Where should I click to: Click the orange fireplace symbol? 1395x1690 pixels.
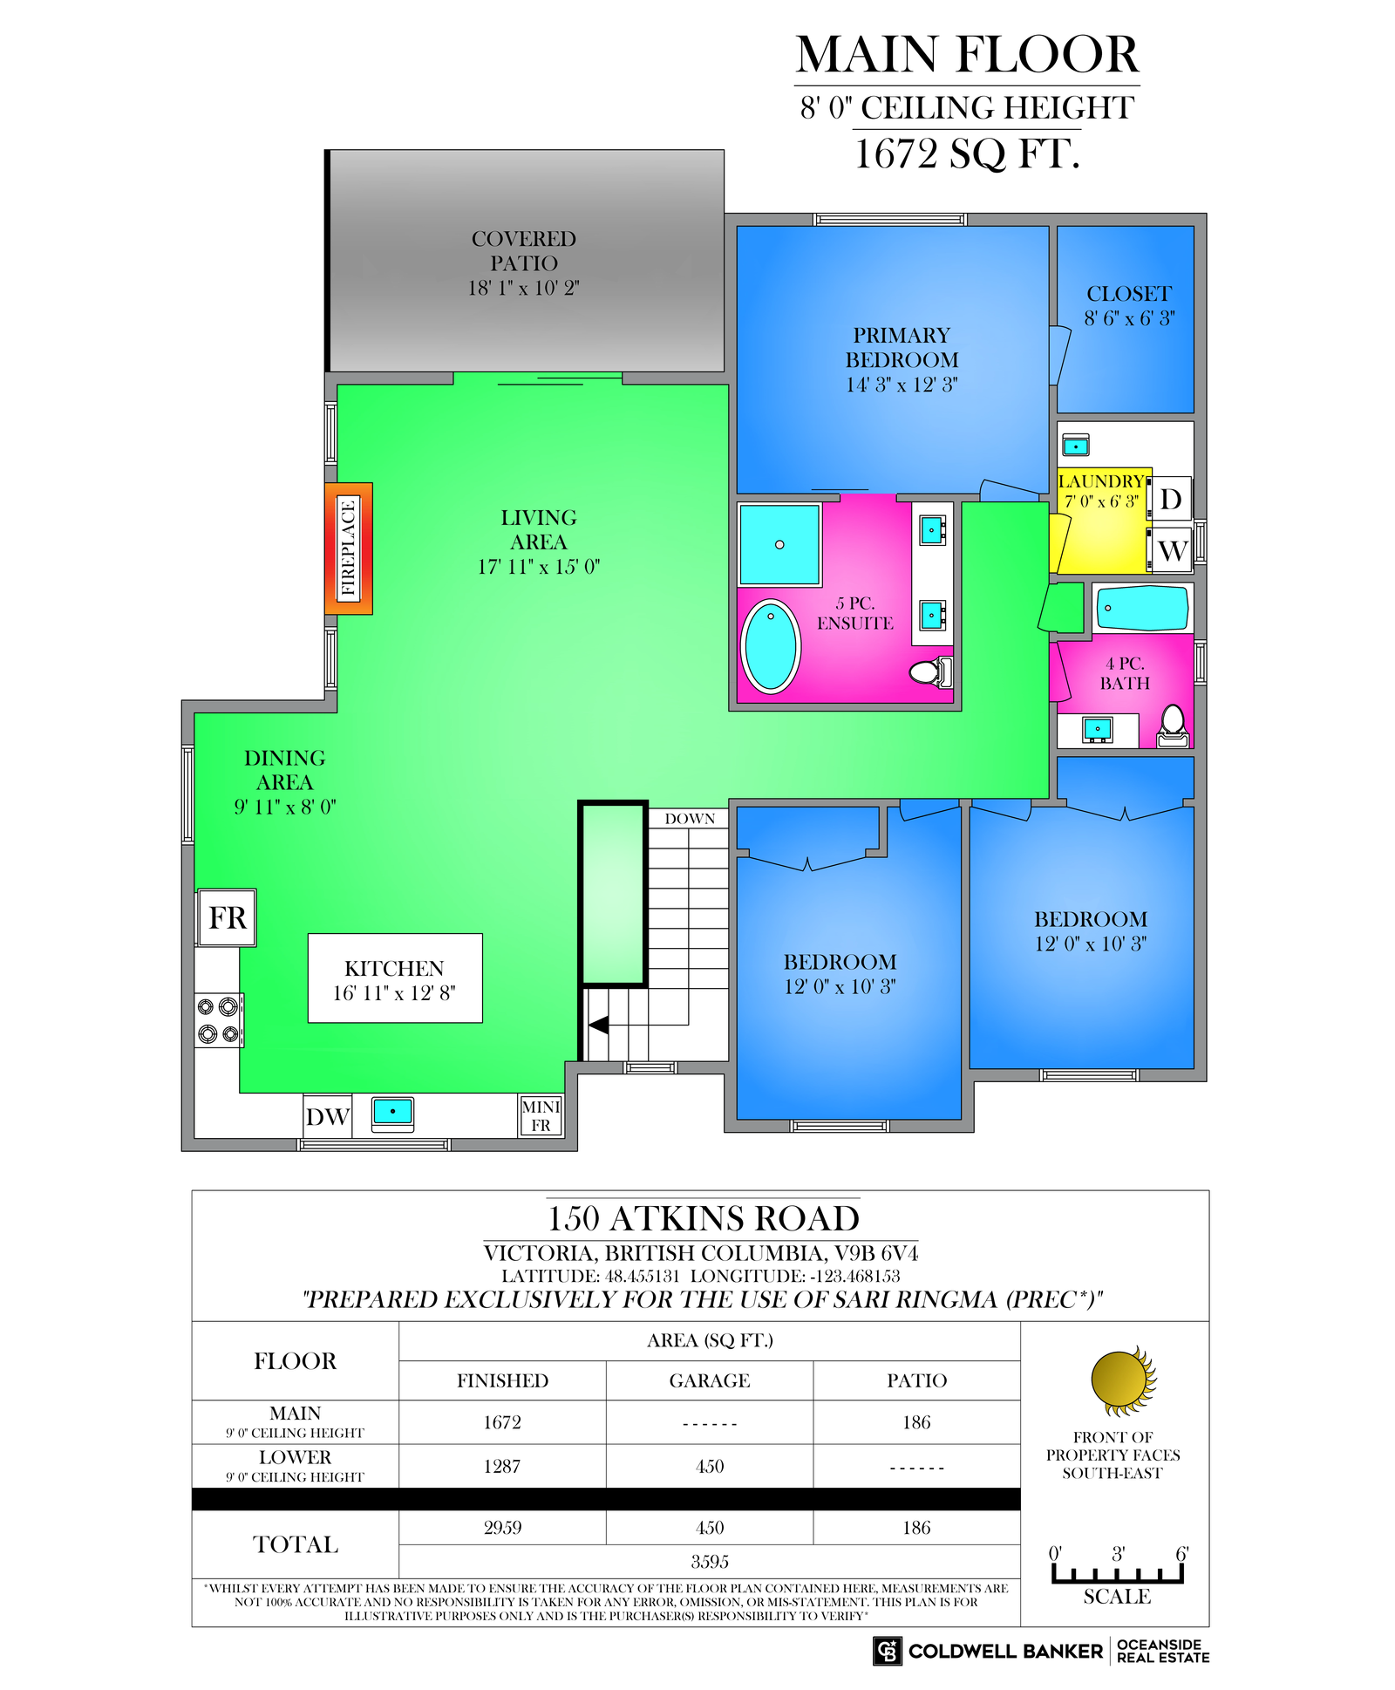click(349, 549)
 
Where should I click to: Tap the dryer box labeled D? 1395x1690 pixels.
click(1171, 499)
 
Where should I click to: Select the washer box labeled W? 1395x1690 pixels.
click(1171, 549)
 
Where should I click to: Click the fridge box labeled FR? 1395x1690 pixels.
click(227, 917)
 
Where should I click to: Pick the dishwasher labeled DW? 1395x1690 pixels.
click(327, 1116)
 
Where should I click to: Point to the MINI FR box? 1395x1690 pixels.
click(541, 1116)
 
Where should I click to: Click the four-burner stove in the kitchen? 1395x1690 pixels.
click(218, 1020)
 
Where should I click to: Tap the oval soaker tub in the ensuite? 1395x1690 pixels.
click(771, 646)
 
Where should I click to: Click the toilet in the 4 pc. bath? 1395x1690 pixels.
click(1174, 726)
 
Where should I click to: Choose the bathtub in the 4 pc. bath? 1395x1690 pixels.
click(1142, 608)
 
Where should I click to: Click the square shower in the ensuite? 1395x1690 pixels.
click(779, 544)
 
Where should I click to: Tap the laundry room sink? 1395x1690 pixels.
click(1076, 446)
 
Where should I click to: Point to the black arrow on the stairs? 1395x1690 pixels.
click(598, 1025)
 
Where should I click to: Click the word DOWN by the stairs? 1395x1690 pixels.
click(690, 819)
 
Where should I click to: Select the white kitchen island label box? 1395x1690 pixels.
click(395, 978)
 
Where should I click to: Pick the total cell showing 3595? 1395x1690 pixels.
click(710, 1561)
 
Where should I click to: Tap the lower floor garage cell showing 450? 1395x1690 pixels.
click(710, 1466)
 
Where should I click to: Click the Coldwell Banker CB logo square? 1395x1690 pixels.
click(888, 1651)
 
